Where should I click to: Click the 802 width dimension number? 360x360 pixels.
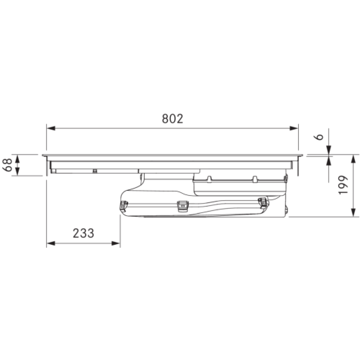tap(173, 119)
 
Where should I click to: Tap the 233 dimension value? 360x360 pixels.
tap(84, 233)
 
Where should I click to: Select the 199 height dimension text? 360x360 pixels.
tap(343, 185)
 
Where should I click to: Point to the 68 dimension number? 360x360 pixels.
tap(7, 165)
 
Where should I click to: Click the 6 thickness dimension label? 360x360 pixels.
tap(319, 137)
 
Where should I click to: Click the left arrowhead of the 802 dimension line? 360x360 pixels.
tap(51, 128)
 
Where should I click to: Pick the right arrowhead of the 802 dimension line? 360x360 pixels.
tap(294, 128)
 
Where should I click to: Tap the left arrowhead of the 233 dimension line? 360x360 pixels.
tap(51, 243)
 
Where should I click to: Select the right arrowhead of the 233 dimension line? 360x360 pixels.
tap(116, 243)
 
